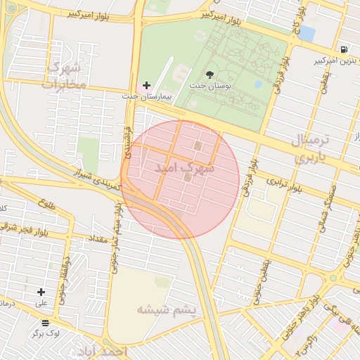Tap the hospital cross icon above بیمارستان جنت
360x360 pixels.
[146, 84]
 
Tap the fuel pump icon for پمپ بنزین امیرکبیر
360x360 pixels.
[344, 49]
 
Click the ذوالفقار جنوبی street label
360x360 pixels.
[66, 271]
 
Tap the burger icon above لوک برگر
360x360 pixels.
[46, 322]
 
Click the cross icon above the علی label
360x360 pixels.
[41, 292]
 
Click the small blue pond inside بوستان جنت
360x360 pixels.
[258, 84]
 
